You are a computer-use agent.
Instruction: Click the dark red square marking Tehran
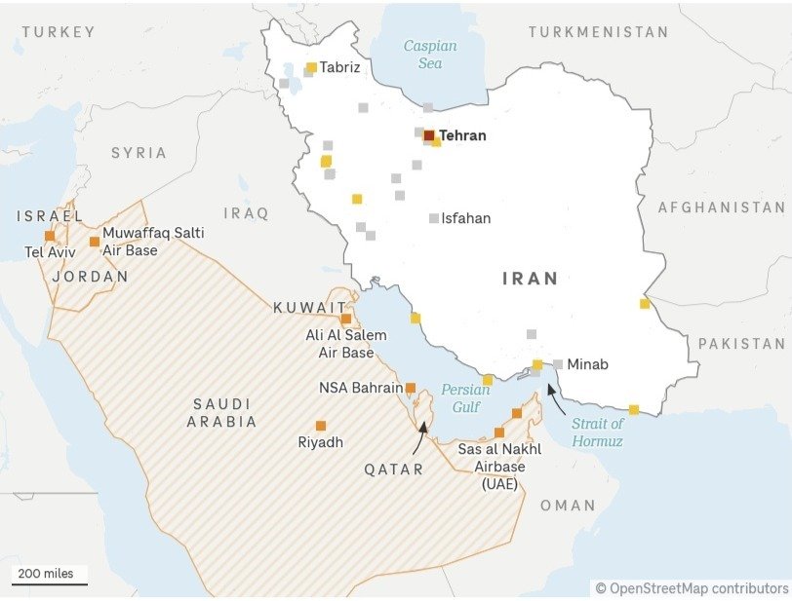point(429,135)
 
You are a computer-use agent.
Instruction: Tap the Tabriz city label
point(339,67)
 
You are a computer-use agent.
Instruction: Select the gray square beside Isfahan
point(434,218)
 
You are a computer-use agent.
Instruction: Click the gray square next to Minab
point(558,364)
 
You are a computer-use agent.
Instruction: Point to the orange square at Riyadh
point(321,425)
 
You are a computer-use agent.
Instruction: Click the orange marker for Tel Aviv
point(50,236)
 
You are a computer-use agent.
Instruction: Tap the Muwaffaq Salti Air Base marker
point(95,242)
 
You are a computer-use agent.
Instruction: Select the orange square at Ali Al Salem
point(345,319)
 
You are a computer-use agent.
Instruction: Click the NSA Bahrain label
point(360,388)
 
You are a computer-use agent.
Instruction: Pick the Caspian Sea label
point(430,55)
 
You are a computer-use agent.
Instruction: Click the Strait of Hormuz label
point(597,432)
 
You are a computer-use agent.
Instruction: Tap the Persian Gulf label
point(465,397)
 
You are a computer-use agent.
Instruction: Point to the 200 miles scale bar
point(49,583)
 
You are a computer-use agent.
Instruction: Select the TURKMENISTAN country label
point(598,32)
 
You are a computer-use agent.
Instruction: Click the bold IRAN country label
point(531,279)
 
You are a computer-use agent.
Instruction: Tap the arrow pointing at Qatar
point(419,439)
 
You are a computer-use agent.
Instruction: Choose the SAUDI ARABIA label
point(222,412)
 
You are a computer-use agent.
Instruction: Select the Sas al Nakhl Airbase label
point(499,466)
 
